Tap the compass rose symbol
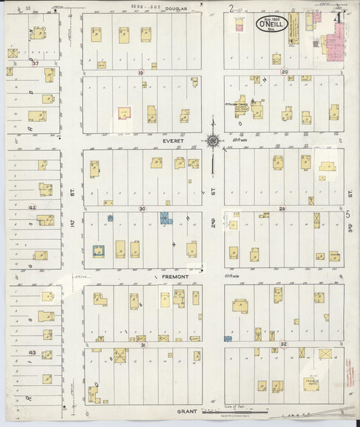click(213, 141)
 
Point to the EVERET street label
click(151, 142)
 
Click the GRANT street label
click(186, 411)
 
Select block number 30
click(142, 209)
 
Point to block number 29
click(282, 209)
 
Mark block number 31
click(143, 345)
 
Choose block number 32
click(284, 345)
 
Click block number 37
click(26, 64)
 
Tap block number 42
click(32, 207)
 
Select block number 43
click(32, 352)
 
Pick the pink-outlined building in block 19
click(125, 113)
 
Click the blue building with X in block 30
click(165, 218)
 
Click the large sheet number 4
click(336, 18)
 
